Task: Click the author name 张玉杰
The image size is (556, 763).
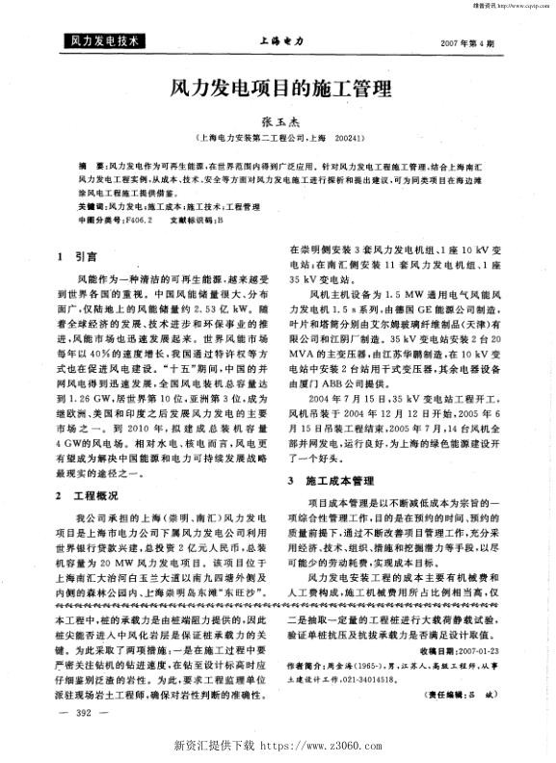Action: tap(278, 122)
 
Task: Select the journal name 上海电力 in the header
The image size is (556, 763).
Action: tap(281, 42)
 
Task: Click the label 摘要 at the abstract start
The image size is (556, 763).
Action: tap(89, 167)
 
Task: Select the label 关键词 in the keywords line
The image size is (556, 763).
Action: tap(93, 206)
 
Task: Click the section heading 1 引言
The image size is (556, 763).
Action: tap(74, 257)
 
